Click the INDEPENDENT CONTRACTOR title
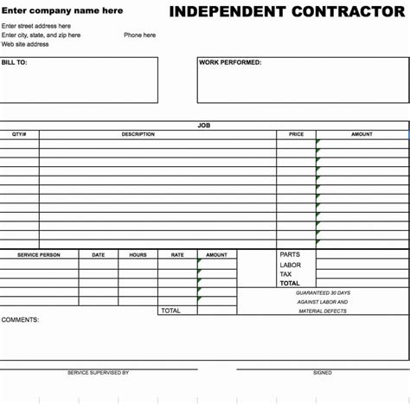[x=287, y=11]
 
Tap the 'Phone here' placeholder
[x=139, y=35]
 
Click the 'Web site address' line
[x=25, y=44]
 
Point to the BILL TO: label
[x=15, y=62]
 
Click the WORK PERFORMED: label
[x=230, y=62]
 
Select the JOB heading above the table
[x=204, y=125]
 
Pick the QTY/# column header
[x=19, y=134]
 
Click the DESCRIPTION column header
[x=138, y=134]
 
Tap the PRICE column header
[x=297, y=134]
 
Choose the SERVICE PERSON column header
[x=39, y=255]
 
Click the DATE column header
[x=99, y=255]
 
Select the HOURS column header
[x=138, y=255]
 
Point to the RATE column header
[x=177, y=255]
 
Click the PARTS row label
[x=290, y=255]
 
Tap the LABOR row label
[x=291, y=265]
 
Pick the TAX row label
[x=285, y=274]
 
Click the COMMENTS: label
[x=20, y=320]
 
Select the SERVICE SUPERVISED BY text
[x=98, y=373]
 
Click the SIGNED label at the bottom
[x=322, y=373]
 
